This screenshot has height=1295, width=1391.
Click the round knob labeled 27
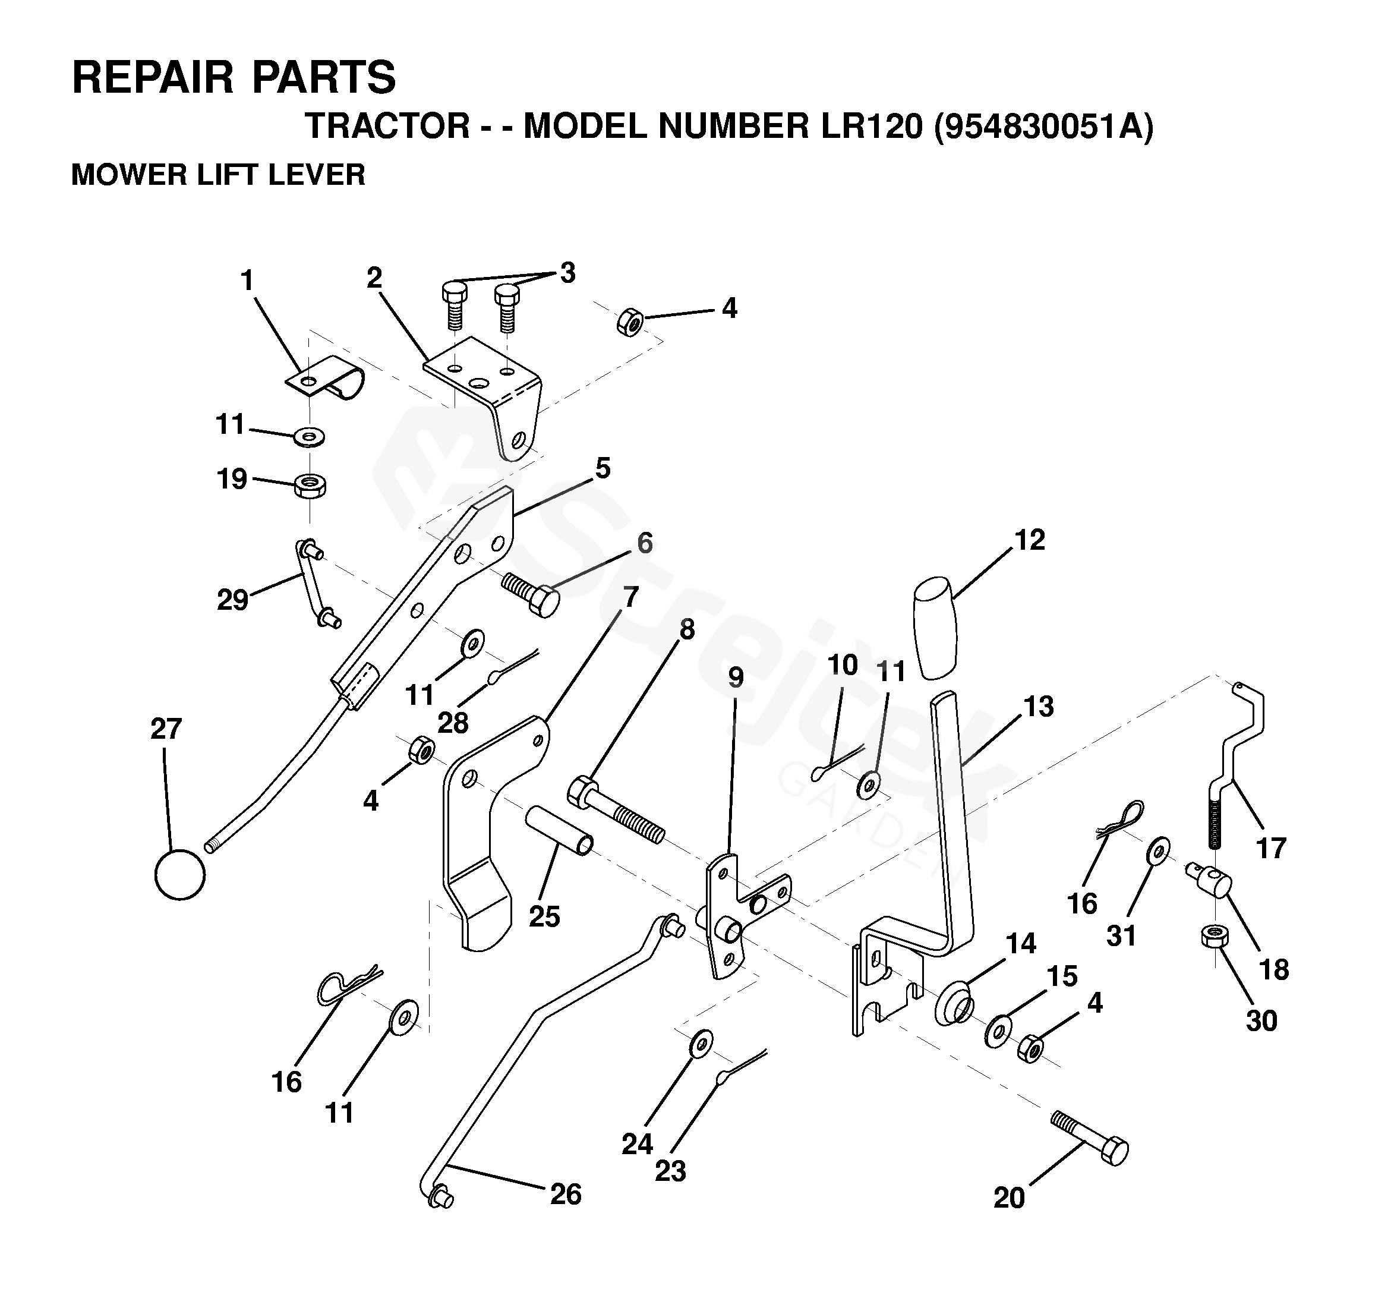coord(180,875)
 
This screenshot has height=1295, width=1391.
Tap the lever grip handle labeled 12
coord(935,628)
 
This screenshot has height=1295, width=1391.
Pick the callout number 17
coord(1270,849)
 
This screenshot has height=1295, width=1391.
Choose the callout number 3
coord(567,272)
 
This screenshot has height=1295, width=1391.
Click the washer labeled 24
coord(701,1044)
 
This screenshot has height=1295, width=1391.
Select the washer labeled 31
coord(1159,850)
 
